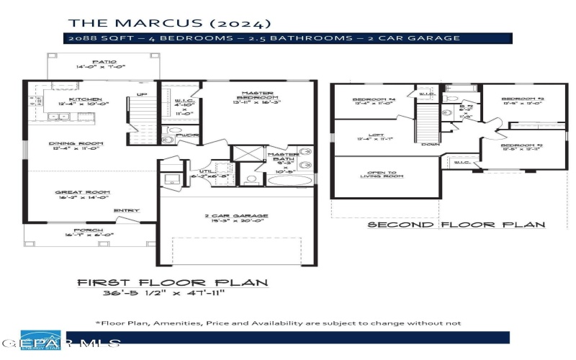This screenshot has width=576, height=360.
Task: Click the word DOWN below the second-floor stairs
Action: click(x=431, y=144)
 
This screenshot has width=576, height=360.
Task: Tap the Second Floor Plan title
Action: click(x=456, y=225)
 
